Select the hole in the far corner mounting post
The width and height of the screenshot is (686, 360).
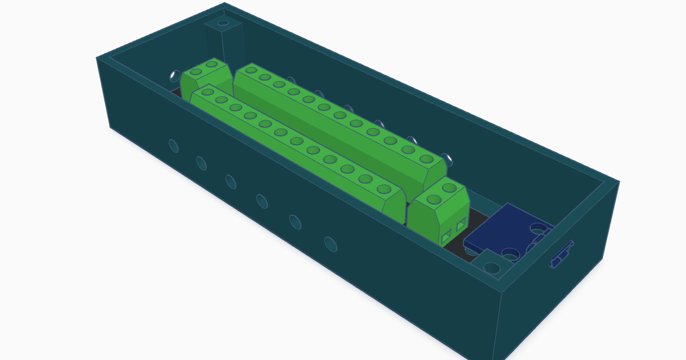coord(223,24)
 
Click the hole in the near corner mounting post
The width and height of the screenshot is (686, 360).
coord(492,267)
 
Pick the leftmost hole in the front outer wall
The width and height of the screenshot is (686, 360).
coord(174,146)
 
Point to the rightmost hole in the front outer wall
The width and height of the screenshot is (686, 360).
coord(331,244)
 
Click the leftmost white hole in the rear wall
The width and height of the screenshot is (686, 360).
coord(175,76)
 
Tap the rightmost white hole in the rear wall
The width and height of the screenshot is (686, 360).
coord(448,159)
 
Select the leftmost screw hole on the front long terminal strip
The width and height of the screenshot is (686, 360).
coord(208,92)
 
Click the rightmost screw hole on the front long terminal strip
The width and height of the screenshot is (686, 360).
coord(384,189)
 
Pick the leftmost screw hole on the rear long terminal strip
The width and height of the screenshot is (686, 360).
coord(251,70)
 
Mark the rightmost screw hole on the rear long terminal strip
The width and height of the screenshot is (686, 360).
coord(426,159)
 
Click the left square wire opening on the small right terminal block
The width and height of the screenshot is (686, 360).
coord(446,239)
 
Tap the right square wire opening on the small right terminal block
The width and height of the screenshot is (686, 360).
coord(461,225)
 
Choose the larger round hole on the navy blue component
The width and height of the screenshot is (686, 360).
coord(538,228)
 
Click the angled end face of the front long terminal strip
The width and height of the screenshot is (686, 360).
coord(393,208)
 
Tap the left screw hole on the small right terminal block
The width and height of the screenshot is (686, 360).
coord(434,199)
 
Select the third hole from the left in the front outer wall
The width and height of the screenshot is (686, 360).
coord(231,181)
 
